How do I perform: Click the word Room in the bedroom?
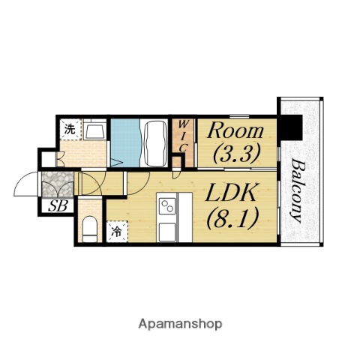(235, 130)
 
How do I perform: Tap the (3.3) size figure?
(236, 153)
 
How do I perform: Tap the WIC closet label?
(183, 136)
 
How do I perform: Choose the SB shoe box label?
(58, 206)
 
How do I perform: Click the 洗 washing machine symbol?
(70, 130)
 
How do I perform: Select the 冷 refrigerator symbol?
(117, 232)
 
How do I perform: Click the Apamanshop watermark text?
(180, 324)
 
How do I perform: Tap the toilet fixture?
(90, 229)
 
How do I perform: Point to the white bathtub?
(156, 143)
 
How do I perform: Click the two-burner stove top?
(167, 205)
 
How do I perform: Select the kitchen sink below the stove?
(167, 232)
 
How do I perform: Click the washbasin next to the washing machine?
(94, 130)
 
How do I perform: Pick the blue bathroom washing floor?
(125, 142)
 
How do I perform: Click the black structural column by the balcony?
(291, 127)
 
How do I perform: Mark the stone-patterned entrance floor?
(58, 184)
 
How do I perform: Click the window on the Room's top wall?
(239, 116)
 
